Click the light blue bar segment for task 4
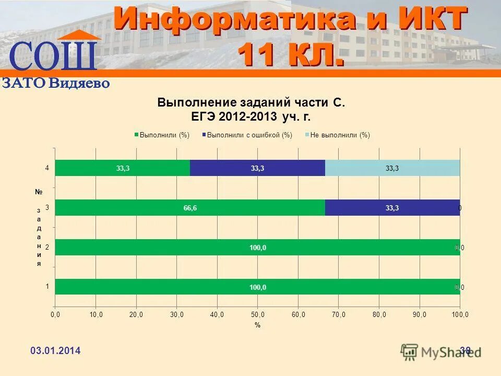[392, 168]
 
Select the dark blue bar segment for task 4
[257, 168]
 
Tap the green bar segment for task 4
[123, 168]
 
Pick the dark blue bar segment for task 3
[392, 208]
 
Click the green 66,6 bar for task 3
[190, 208]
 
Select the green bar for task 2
[257, 248]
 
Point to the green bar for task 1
[257, 287]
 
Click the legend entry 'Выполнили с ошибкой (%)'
[249, 135]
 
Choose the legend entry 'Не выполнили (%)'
[339, 135]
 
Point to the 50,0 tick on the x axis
[258, 314]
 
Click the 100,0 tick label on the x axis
[460, 314]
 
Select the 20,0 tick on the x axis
[136, 314]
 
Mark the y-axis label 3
[47, 207]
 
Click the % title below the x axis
[257, 325]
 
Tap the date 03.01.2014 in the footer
[55, 351]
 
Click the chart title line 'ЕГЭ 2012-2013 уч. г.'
[251, 116]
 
